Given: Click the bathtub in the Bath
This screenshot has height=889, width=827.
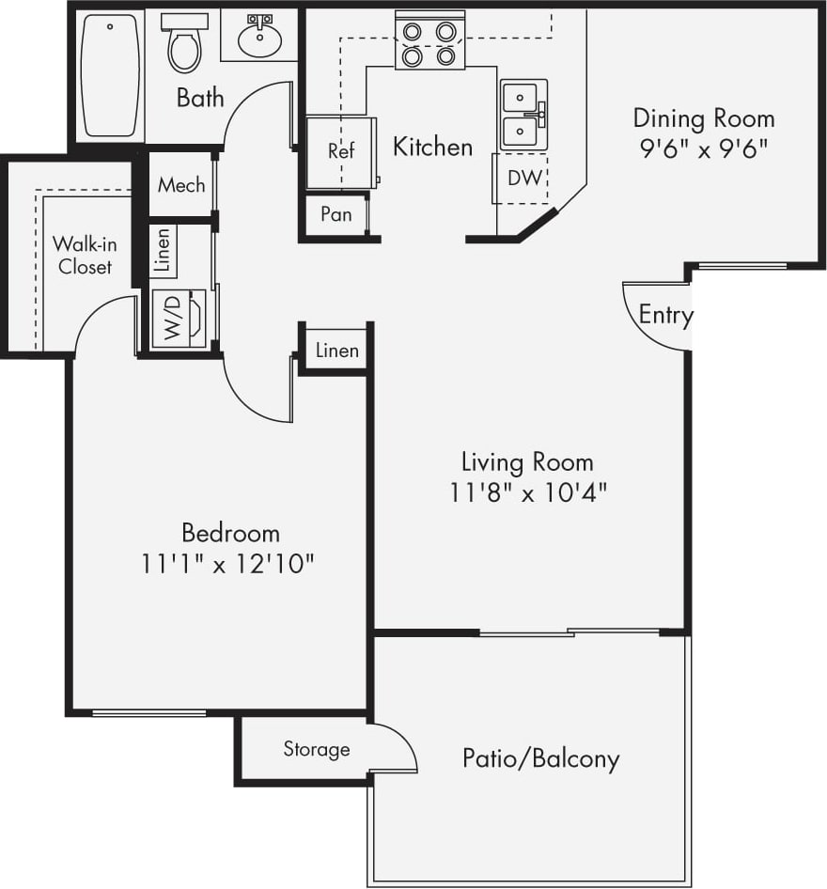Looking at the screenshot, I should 110,75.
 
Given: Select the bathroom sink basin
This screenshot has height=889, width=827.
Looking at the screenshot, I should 256,39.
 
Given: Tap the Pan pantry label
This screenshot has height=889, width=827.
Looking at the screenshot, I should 335,214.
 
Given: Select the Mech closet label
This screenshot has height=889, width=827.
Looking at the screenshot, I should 181,184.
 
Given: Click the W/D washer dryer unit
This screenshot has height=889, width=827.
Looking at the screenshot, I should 179,320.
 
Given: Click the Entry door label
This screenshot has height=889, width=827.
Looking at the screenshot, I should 665,315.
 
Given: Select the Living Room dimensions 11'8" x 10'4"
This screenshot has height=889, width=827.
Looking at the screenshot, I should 527,492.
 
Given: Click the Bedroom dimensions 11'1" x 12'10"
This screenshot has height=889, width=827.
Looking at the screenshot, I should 228,564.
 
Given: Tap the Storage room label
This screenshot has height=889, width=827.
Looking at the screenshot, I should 317,749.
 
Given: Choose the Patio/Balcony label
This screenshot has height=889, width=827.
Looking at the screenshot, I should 540,758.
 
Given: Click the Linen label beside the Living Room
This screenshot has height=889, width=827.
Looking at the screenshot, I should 336,351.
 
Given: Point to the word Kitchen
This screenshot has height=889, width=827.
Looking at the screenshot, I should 432,147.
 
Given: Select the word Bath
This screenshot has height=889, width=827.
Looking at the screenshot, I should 200,97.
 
